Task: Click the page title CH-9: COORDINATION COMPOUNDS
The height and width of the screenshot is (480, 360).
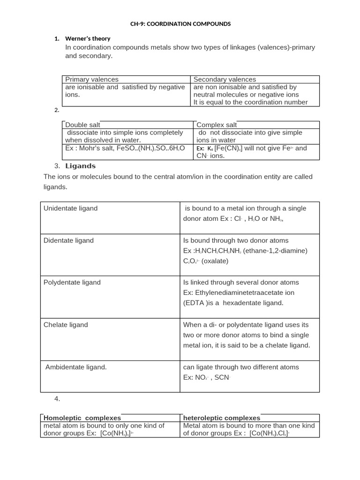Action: (180, 23)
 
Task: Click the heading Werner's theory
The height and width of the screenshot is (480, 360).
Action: (88, 38)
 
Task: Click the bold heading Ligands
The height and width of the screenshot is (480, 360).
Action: (80, 166)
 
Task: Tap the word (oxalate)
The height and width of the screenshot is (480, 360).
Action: (215, 261)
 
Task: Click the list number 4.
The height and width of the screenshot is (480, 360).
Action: (57, 399)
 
